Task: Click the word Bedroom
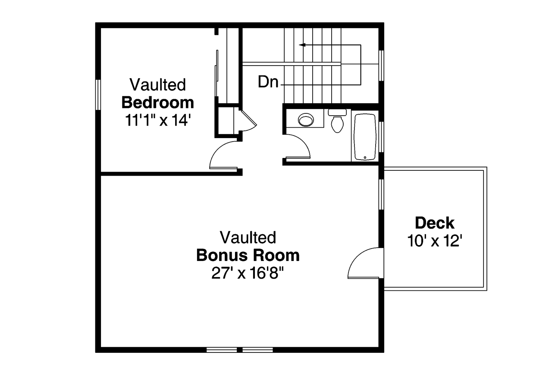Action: [157, 103]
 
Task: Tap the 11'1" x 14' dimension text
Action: [157, 120]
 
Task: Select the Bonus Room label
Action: [248, 255]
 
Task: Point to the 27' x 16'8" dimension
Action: [248, 274]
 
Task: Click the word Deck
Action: [434, 223]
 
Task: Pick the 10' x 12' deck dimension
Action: [434, 241]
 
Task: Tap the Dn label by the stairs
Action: [268, 82]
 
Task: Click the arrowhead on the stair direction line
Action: [302, 44]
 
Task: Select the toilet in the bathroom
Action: [337, 121]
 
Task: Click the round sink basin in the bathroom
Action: [306, 119]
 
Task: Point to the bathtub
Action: [365, 137]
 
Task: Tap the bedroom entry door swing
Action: [221, 155]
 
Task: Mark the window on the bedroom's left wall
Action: [98, 94]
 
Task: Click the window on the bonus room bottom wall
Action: [239, 349]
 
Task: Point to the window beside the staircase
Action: [381, 66]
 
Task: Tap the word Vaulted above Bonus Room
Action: [248, 237]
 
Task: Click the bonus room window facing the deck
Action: [381, 194]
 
